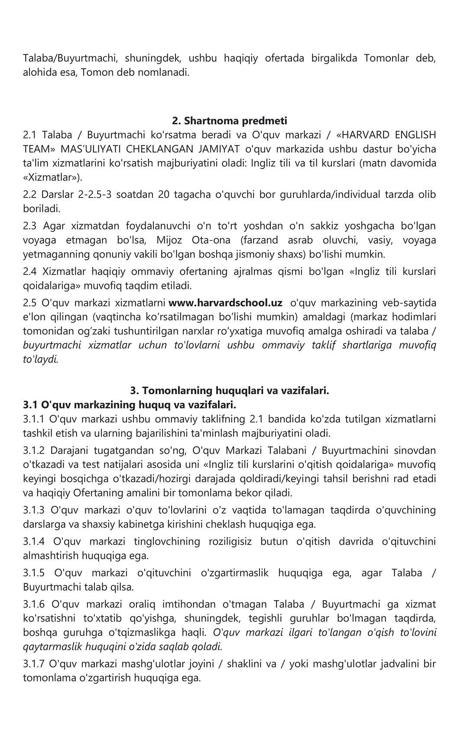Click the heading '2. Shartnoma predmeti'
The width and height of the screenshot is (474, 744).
pyautogui.click(x=230, y=120)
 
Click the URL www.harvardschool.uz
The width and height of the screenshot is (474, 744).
pyautogui.click(x=225, y=302)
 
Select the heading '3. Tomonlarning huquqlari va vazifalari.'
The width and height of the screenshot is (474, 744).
pyautogui.click(x=230, y=390)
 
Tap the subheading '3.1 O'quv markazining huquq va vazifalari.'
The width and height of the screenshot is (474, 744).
pyautogui.click(x=130, y=405)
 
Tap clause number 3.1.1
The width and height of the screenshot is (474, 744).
pyautogui.click(x=33, y=419)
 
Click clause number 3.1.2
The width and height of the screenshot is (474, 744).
pyautogui.click(x=33, y=450)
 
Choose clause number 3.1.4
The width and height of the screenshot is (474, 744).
pyautogui.click(x=34, y=541)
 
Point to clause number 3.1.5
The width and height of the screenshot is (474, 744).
pyautogui.click(x=34, y=573)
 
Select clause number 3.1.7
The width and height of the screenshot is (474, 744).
pyautogui.click(x=33, y=663)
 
